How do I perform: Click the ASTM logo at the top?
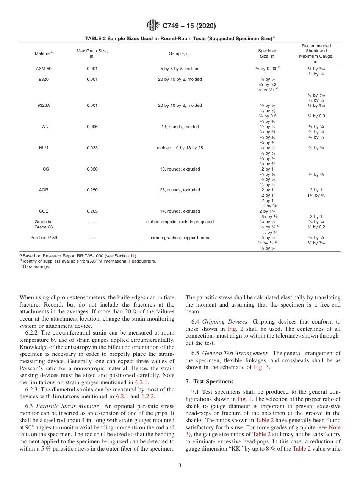pyautogui.click(x=153, y=26)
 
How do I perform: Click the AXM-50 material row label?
pyautogui.click(x=44, y=69)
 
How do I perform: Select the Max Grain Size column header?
pyautogui.click(x=92, y=53)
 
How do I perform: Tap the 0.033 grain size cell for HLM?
pyautogui.click(x=92, y=148)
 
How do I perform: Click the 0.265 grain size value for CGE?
pyautogui.click(x=92, y=211)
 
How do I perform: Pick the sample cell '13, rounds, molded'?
pyautogui.click(x=180, y=127)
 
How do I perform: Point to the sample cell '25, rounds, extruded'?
pyautogui.click(x=180, y=190)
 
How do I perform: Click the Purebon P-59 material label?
pyautogui.click(x=44, y=238)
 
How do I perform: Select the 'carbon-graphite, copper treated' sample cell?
pyautogui.click(x=180, y=238)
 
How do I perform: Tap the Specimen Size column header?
pyautogui.click(x=268, y=53)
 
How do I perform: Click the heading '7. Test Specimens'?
pyautogui.click(x=210, y=381)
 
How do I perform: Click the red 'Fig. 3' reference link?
pyautogui.click(x=262, y=367)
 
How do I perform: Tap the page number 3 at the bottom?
pyautogui.click(x=180, y=465)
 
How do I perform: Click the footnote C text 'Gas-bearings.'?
pyautogui.click(x=38, y=266)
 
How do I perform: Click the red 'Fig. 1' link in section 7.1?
pyautogui.click(x=244, y=399)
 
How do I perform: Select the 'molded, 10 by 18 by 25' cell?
pyautogui.click(x=180, y=148)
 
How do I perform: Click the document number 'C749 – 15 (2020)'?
pyautogui.click(x=189, y=26)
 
